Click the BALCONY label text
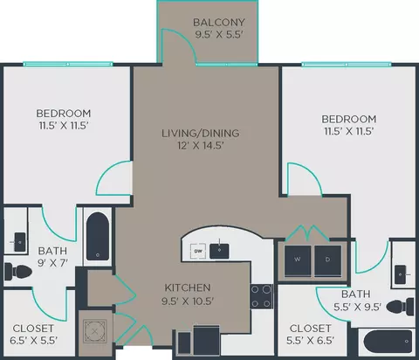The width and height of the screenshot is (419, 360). pyautogui.click(x=219, y=22)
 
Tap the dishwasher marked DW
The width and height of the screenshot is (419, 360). pyautogui.click(x=198, y=251)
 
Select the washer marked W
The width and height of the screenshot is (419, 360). pyautogui.click(x=298, y=260)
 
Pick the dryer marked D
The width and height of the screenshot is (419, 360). pyautogui.click(x=328, y=260)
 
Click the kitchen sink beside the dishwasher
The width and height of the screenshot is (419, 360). pyautogui.click(x=219, y=251)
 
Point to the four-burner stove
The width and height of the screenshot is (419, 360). pyautogui.click(x=262, y=296)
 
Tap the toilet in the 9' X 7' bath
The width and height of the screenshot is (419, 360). pyautogui.click(x=18, y=272)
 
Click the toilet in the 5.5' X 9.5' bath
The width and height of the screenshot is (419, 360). pyautogui.click(x=401, y=307)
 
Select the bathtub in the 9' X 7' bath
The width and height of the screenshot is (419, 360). pyautogui.click(x=98, y=237)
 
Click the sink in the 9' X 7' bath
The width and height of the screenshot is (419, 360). pyautogui.click(x=19, y=242)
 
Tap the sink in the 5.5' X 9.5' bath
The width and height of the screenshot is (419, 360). pyautogui.click(x=402, y=274)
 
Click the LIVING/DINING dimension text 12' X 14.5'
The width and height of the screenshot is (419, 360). pyautogui.click(x=201, y=145)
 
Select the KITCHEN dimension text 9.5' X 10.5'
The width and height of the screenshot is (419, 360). pyautogui.click(x=188, y=301)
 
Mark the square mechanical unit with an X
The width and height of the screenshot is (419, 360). pyautogui.click(x=95, y=331)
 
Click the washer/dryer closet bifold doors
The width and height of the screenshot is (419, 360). pyautogui.click(x=307, y=232)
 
